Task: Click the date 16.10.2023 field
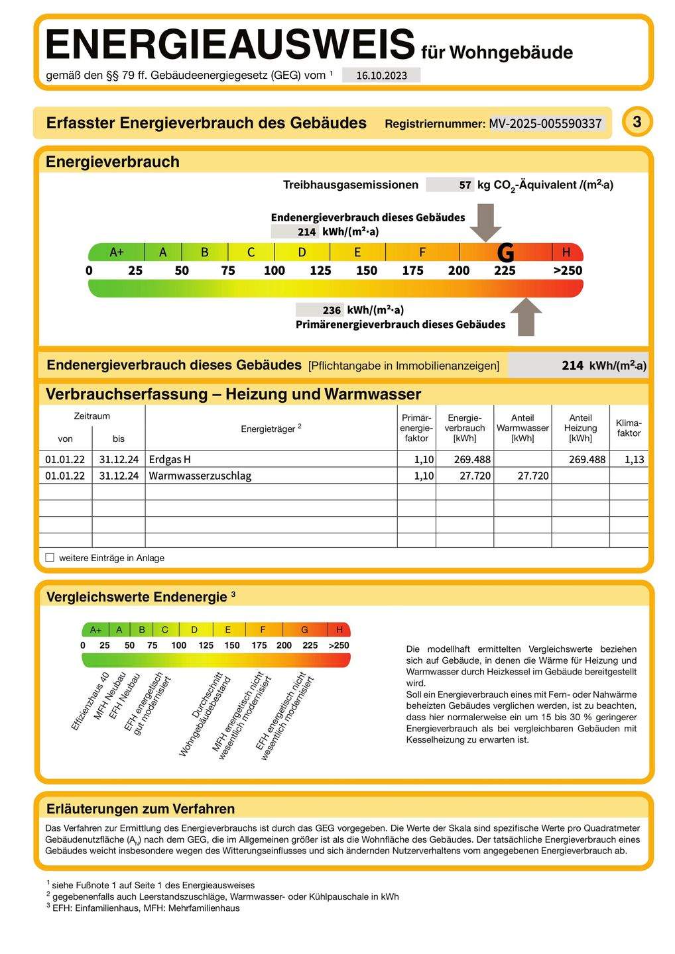pos(381,76)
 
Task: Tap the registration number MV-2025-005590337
pos(545,123)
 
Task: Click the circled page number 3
pos(637,122)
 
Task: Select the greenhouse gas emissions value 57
pos(465,185)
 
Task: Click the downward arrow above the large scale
pos(485,222)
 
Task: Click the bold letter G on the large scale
pos(505,252)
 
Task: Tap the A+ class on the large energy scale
pos(117,252)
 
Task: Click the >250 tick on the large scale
pos(568,270)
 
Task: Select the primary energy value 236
pos(332,310)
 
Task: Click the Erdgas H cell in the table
pos(170,459)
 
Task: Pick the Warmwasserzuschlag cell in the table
pos(200,476)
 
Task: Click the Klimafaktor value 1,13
pos(634,459)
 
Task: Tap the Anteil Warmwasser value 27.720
pos(532,476)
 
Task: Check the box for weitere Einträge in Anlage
pos(50,558)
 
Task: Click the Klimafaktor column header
pos(629,428)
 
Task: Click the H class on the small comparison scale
pos(339,629)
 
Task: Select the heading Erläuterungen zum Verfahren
pos(141,809)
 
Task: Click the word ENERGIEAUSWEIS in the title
pos(229,45)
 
